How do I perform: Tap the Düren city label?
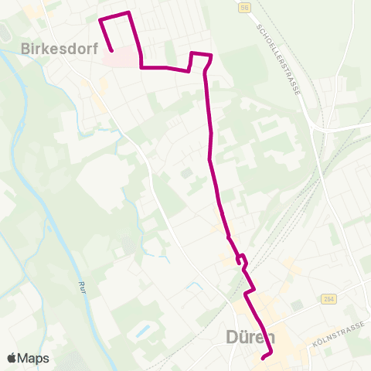click(256, 337)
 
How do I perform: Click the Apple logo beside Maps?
click(12, 358)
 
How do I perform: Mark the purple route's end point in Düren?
click(263, 358)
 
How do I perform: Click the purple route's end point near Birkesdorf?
click(112, 50)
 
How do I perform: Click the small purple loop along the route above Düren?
click(241, 259)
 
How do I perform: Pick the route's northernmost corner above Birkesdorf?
click(128, 12)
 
